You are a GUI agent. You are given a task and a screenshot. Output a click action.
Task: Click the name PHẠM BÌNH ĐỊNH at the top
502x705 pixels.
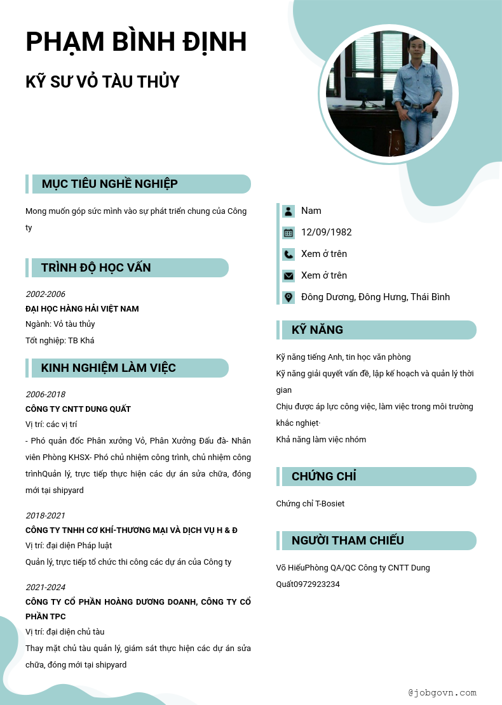(136, 42)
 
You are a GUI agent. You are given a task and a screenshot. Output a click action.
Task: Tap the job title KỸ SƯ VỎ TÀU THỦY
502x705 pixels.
(102, 82)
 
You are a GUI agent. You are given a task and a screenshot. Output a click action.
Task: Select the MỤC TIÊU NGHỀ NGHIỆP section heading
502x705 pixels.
(109, 184)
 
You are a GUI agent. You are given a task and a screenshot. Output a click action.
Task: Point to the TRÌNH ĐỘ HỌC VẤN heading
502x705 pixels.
(96, 268)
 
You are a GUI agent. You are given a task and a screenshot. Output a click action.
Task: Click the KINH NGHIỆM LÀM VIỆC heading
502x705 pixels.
(108, 368)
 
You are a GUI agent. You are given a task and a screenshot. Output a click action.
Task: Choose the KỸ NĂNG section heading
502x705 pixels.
(317, 330)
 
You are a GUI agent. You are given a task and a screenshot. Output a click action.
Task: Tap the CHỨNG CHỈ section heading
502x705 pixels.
(323, 477)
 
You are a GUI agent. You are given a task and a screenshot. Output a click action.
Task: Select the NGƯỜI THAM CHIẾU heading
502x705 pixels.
(348, 541)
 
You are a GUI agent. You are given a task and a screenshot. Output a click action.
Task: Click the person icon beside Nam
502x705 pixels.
(288, 211)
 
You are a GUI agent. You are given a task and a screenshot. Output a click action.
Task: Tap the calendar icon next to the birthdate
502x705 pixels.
(288, 233)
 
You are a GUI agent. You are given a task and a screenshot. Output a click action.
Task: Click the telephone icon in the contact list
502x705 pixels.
(288, 254)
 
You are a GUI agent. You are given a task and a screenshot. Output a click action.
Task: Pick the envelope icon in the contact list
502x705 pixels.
(288, 276)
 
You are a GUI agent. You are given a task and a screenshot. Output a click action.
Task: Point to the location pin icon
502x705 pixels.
(288, 297)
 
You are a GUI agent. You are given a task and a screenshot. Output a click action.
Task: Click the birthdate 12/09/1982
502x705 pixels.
(327, 232)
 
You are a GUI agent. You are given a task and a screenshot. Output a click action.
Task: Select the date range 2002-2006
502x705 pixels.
(45, 294)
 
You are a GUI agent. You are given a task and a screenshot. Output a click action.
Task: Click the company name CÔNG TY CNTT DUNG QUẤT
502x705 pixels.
(78, 409)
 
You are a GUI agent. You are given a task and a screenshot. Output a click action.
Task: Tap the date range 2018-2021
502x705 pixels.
(45, 516)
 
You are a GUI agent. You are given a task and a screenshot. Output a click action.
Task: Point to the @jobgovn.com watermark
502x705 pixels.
(442, 693)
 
